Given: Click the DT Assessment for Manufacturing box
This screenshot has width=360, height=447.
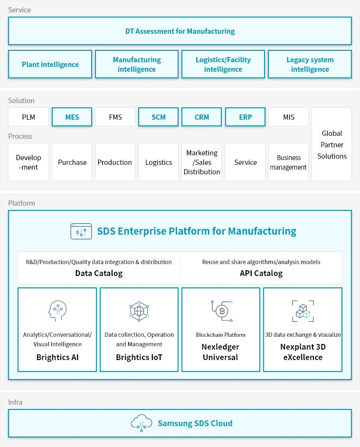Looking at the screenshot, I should [x=180, y=31].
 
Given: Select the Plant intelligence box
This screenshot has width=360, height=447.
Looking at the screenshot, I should [x=50, y=65].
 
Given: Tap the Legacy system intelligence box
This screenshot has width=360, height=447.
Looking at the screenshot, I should [x=310, y=65].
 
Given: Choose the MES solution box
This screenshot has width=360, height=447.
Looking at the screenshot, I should [x=72, y=117].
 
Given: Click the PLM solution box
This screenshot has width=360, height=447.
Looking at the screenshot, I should [x=28, y=117].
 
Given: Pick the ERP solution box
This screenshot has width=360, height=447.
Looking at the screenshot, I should [x=246, y=117].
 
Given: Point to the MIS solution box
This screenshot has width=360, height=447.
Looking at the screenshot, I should [x=288, y=117].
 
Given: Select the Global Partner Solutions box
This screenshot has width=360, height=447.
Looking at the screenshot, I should [x=332, y=144].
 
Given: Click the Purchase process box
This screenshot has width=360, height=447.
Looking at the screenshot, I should [x=72, y=162].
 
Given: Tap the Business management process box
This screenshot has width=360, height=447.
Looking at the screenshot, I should [x=288, y=162].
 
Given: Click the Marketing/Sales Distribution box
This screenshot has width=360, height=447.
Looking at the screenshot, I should [x=202, y=162].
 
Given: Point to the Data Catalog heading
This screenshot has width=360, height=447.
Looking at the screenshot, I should [x=99, y=273].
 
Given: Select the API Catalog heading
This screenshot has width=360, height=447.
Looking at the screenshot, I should [x=261, y=273].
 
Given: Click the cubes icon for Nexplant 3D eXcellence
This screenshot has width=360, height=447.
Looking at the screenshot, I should [x=302, y=311].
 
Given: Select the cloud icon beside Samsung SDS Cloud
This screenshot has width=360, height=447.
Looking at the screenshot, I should [x=141, y=423].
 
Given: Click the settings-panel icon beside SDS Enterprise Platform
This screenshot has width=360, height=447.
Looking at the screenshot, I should [x=81, y=231].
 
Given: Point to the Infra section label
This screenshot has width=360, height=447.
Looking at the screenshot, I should [x=15, y=402].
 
